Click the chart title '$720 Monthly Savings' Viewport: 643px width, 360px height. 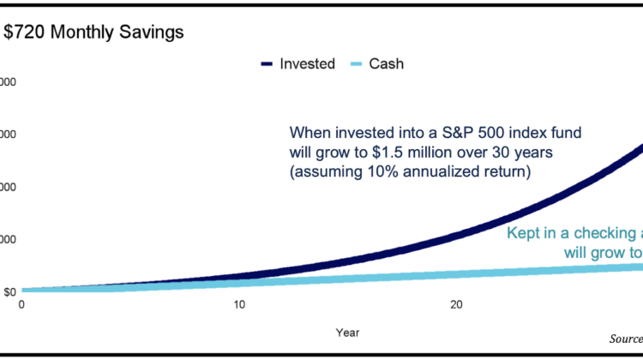94,33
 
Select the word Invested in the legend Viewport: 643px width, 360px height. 307,63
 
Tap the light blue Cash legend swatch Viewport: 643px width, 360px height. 356,63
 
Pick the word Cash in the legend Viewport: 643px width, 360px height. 388,63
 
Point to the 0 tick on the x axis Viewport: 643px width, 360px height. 21,304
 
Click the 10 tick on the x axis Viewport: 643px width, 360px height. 239,304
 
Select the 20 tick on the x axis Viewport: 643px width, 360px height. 457,304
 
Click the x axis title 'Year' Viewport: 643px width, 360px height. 348,332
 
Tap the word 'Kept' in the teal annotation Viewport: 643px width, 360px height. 523,232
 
